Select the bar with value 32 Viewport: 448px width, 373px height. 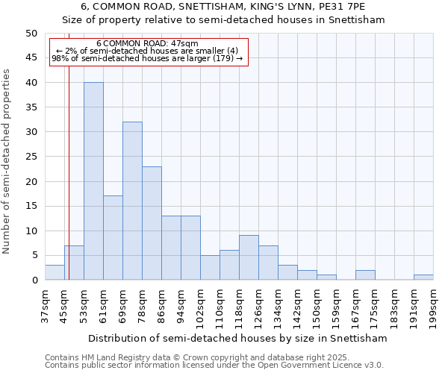pyautogui.click(x=132, y=201)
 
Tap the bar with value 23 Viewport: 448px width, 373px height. pyautogui.click(x=152, y=223)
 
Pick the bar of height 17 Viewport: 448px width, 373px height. pyautogui.click(x=113, y=238)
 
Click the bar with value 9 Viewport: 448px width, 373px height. pyautogui.click(x=249, y=257)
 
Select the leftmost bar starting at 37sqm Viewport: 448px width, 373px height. pyautogui.click(x=55, y=272)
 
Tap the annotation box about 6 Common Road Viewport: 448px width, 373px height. pyautogui.click(x=148, y=51)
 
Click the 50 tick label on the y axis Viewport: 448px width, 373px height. pyautogui.click(x=31, y=34)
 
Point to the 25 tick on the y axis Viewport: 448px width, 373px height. pyautogui.click(x=31, y=157)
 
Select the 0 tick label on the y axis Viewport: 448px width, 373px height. pyautogui.click(x=34, y=280)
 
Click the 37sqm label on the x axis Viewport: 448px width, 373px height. pyautogui.click(x=45, y=306)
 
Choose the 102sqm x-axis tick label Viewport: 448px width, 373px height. pyautogui.click(x=200, y=308)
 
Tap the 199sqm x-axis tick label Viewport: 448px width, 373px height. pyautogui.click(x=433, y=308)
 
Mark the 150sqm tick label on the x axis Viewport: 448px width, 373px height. pyautogui.click(x=317, y=308)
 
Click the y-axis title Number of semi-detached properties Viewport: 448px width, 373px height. pyautogui.click(x=7, y=161)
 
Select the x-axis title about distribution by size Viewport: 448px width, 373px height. pyautogui.click(x=237, y=338)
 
